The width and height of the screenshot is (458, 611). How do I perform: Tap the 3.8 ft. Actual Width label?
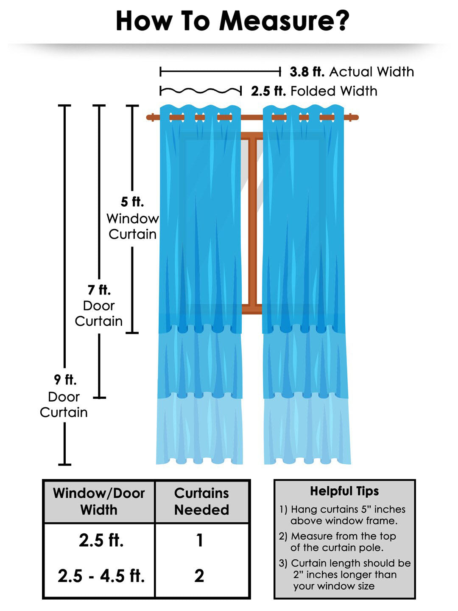(352, 72)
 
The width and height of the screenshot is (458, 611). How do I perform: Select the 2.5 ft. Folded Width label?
(314, 91)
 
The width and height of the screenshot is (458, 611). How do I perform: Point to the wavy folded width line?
(201, 91)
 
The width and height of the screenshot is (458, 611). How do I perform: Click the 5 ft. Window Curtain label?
(132, 218)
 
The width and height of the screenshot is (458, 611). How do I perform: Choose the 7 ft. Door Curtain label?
(99, 305)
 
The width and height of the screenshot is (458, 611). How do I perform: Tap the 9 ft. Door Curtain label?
(64, 396)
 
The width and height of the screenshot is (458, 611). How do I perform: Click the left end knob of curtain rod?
(150, 118)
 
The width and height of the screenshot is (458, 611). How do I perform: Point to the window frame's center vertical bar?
(252, 221)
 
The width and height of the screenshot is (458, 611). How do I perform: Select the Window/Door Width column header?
(99, 502)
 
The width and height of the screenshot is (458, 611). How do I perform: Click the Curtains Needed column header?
(202, 502)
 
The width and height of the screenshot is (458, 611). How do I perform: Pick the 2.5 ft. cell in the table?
(101, 541)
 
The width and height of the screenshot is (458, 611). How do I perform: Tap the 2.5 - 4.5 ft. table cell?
(101, 576)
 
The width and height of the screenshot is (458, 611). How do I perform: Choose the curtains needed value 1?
(200, 541)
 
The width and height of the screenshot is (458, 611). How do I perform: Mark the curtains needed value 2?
(199, 576)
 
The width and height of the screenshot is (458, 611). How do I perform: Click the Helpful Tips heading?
(344, 491)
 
